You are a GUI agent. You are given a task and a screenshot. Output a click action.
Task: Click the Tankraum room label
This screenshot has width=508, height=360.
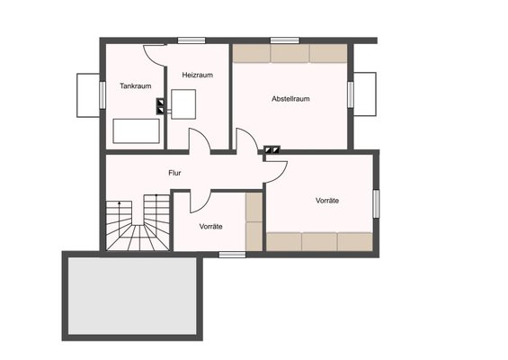pyautogui.click(x=136, y=85)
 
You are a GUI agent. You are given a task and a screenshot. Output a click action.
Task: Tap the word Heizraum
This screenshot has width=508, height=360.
pyautogui.click(x=197, y=75)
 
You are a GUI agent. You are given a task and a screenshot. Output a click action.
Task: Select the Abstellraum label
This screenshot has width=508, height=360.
pyautogui.click(x=290, y=99)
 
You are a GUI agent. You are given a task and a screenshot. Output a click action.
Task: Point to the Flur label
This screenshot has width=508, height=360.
pyautogui.click(x=174, y=173)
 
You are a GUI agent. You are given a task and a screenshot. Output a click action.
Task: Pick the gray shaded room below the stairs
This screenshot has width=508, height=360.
pyautogui.click(x=132, y=296)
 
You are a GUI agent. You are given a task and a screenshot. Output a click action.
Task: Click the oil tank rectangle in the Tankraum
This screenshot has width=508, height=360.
pyautogui.click(x=136, y=131)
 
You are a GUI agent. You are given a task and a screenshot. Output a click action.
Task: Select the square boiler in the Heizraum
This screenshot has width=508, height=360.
pyautogui.click(x=183, y=104)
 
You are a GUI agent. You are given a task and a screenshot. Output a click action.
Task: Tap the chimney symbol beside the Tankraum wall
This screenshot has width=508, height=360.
pyautogui.click(x=160, y=106)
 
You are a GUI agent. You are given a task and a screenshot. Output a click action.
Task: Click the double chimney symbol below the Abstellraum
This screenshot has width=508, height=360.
pyautogui.click(x=272, y=149)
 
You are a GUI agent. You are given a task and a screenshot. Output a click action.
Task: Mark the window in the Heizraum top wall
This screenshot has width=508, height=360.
pyautogui.click(x=192, y=40)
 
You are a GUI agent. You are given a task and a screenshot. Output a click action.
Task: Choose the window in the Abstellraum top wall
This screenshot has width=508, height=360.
pyautogui.click(x=285, y=40)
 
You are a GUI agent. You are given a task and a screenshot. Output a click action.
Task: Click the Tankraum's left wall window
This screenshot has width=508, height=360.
pyautogui.click(x=102, y=95)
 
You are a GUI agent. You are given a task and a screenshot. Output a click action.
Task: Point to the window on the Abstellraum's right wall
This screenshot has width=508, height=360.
pyautogui.click(x=351, y=94)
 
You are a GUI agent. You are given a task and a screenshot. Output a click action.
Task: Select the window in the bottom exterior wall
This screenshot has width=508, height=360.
pyautogui.click(x=232, y=255)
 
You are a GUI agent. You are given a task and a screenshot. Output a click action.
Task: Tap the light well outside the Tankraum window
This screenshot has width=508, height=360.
pyautogui.click(x=88, y=95)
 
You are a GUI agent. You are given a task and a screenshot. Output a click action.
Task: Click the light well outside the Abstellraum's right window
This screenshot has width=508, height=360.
pyautogui.click(x=365, y=94)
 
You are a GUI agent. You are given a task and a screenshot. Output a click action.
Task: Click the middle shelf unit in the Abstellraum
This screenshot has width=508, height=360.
pyautogui.click(x=290, y=53)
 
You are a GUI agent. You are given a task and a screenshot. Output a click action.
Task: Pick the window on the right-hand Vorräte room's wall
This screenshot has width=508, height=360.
pyautogui.click(x=376, y=204)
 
